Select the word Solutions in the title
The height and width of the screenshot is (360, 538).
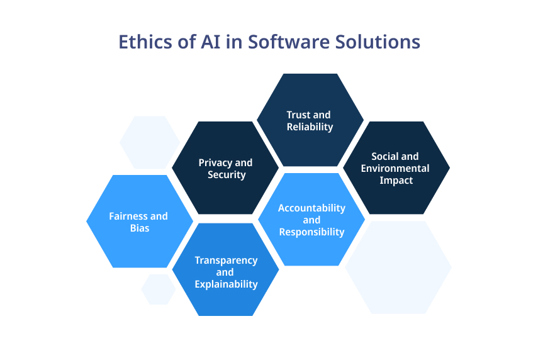pos(378,42)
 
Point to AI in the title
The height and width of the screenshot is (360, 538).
pos(210,42)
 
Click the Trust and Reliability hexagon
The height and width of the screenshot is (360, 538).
pos(310,120)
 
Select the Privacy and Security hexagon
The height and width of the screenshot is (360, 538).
pos(225,168)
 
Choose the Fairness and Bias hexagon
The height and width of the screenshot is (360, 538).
pos(140,222)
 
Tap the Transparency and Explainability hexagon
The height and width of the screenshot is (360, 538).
pos(226,269)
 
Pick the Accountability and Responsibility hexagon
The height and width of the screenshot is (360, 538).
pos(311,219)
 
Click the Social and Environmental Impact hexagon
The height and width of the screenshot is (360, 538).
pos(396,168)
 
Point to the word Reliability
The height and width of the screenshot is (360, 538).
pos(310,127)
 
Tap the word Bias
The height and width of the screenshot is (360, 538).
pos(140,228)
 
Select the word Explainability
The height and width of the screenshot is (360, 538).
pos(226,284)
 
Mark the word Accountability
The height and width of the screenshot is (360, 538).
pos(311,208)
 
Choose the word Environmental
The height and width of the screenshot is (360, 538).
pos(395,169)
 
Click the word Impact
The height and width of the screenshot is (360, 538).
pos(396,181)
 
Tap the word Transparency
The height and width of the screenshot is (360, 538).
pos(226,261)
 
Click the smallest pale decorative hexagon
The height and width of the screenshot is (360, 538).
pos(159,290)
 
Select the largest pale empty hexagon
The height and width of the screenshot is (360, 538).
pos(398,267)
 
